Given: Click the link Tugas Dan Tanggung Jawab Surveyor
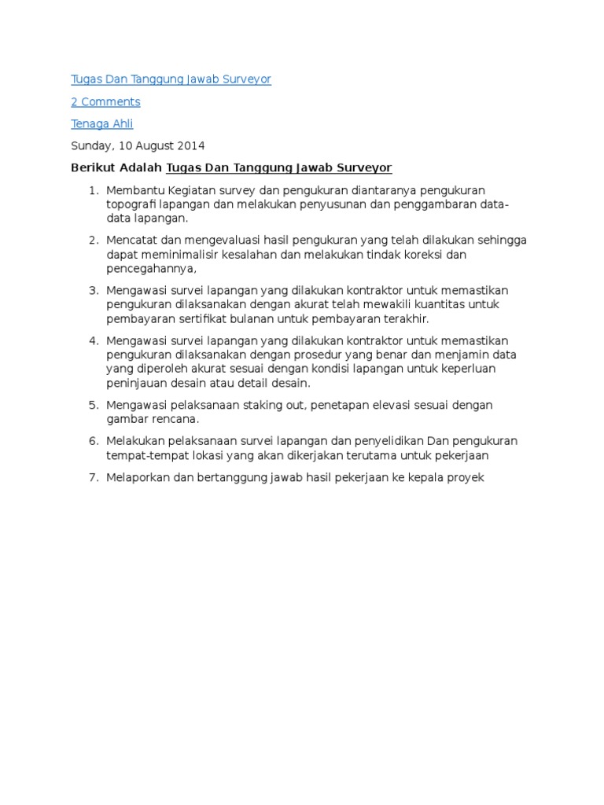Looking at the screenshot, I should click(x=171, y=79).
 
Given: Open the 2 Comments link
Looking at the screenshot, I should click(x=105, y=101).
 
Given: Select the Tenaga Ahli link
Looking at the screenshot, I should click(x=102, y=123).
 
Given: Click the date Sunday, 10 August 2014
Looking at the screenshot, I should click(x=138, y=145).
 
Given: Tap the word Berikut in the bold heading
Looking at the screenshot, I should click(x=92, y=167).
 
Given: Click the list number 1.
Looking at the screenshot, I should click(x=92, y=190).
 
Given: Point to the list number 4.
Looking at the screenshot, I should click(x=92, y=340).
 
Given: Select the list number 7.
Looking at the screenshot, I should click(x=92, y=477).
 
